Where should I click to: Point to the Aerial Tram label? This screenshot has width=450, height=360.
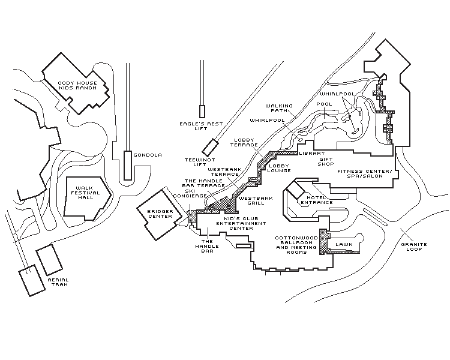tap(58, 282)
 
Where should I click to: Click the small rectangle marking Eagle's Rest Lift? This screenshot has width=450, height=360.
tap(202, 111)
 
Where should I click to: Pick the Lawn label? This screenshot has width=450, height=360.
tap(343, 245)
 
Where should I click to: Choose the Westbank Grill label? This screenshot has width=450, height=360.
tap(256, 200)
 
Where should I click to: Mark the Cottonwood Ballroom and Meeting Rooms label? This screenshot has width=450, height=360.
tap(295, 245)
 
